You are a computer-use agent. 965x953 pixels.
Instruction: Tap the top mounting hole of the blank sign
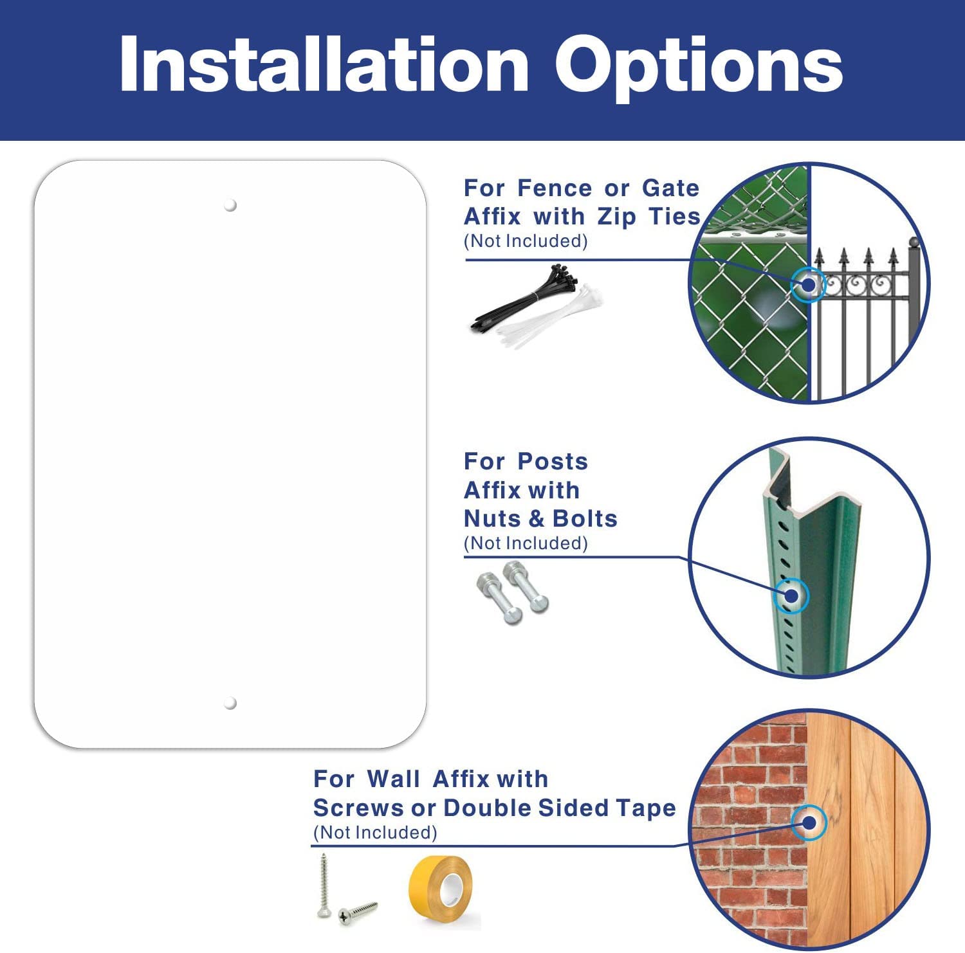click(x=230, y=205)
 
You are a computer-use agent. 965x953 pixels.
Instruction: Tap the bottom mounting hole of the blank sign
click(x=230, y=703)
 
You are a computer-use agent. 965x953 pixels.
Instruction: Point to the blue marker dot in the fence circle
click(x=808, y=284)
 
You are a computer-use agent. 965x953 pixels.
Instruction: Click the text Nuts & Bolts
click(x=540, y=518)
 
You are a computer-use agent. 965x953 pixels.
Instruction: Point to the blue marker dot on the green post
click(x=791, y=595)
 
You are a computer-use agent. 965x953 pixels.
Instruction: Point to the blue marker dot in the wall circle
click(x=809, y=822)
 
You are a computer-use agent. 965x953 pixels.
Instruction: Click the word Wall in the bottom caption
click(x=393, y=779)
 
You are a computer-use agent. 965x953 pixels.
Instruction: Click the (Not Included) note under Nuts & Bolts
click(x=526, y=543)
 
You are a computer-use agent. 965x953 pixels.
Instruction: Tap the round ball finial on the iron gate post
click(x=914, y=242)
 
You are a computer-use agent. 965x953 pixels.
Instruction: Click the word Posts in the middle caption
click(x=553, y=461)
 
